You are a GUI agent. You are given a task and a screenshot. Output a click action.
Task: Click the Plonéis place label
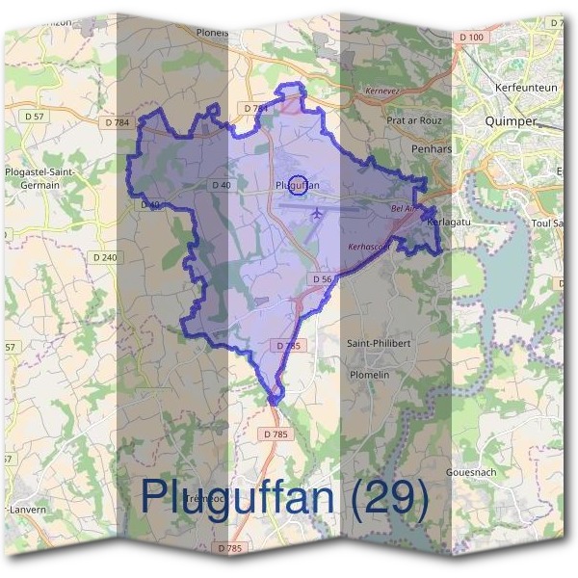click(x=212, y=31)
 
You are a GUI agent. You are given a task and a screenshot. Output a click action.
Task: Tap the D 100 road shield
click(x=471, y=37)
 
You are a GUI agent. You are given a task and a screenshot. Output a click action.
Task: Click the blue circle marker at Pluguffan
click(x=298, y=184)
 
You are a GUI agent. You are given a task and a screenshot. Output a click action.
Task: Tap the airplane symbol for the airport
click(x=317, y=213)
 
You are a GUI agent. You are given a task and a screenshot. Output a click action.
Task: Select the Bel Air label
click(x=402, y=207)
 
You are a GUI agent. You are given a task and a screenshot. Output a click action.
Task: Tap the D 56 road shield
click(x=322, y=278)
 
